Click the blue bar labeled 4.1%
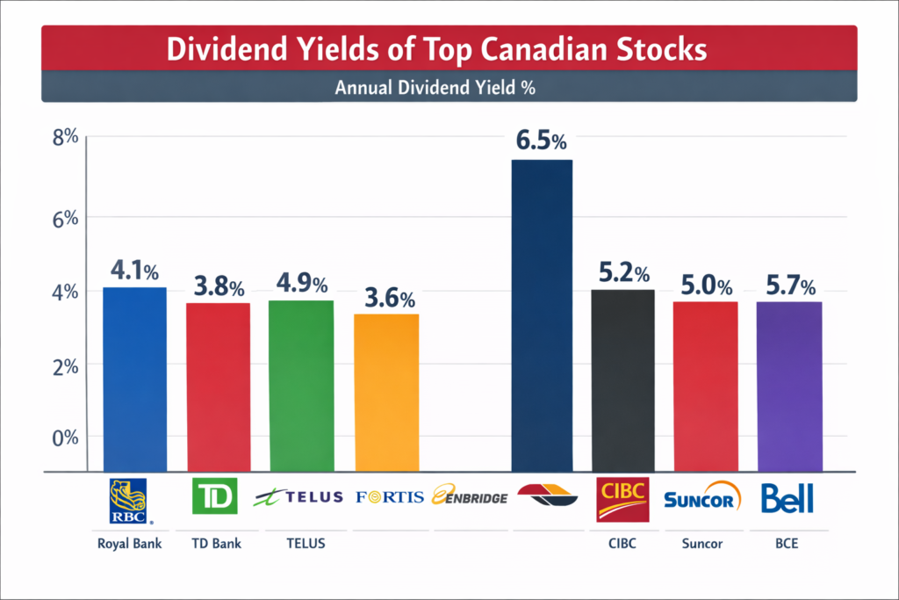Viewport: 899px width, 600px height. pyautogui.click(x=134, y=379)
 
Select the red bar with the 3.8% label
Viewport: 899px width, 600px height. pyautogui.click(x=217, y=387)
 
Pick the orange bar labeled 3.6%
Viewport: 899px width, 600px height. pyautogui.click(x=385, y=392)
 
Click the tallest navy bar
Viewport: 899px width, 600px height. pyautogui.click(x=542, y=315)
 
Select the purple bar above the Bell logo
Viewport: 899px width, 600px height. pyautogui.click(x=789, y=386)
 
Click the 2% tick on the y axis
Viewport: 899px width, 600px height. pyautogui.click(x=67, y=367)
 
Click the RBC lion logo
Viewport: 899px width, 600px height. pyautogui.click(x=127, y=496)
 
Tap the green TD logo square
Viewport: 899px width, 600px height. pyautogui.click(x=215, y=496)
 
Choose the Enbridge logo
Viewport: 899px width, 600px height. pyautogui.click(x=471, y=496)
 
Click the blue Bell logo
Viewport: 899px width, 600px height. pyautogui.click(x=787, y=498)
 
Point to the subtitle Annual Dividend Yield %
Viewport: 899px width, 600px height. pyautogui.click(x=449, y=88)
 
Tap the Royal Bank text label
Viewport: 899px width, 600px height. pyautogui.click(x=127, y=543)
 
